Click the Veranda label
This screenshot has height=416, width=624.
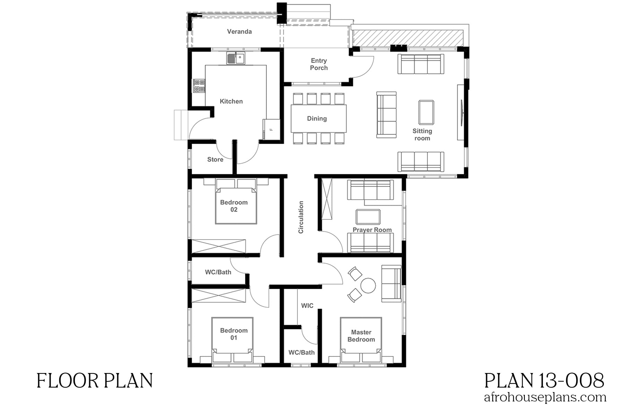pyautogui.click(x=239, y=32)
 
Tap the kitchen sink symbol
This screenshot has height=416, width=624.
pyautogui.click(x=236, y=58)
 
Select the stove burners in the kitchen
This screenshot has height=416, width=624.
pyautogui.click(x=199, y=86)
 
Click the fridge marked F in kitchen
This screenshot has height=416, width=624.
pyautogui.click(x=271, y=129)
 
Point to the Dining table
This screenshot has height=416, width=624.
pyautogui.click(x=319, y=119)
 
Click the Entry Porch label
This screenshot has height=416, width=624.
pyautogui.click(x=319, y=64)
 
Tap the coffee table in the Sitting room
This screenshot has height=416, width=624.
pyautogui.click(x=426, y=112)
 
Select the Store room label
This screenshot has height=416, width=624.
pyautogui.click(x=215, y=159)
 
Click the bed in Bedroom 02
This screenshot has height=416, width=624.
pyautogui.click(x=236, y=205)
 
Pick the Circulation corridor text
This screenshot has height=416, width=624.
pyautogui.click(x=301, y=217)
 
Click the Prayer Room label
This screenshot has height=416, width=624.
pyautogui.click(x=372, y=230)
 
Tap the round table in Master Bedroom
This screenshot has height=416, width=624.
pyautogui.click(x=368, y=285)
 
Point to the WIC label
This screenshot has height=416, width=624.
pyautogui.click(x=307, y=305)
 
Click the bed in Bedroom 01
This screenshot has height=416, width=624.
pyautogui.click(x=233, y=338)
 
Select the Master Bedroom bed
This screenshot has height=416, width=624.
pyautogui.click(x=361, y=338)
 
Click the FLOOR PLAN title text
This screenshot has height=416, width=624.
pyautogui.click(x=95, y=381)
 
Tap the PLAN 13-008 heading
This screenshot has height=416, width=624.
pyautogui.click(x=544, y=380)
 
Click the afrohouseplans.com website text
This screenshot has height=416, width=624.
pyautogui.click(x=545, y=398)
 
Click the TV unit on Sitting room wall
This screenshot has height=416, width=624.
pyautogui.click(x=461, y=112)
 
